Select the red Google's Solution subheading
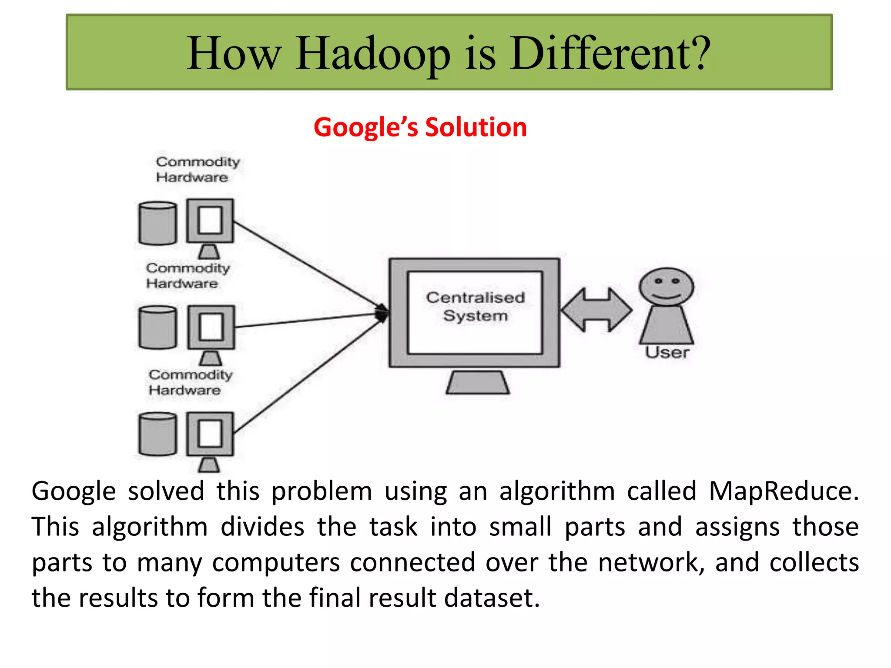pyautogui.click(x=420, y=127)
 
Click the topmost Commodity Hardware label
pyautogui.click(x=197, y=169)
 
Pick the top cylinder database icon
pyautogui.click(x=157, y=223)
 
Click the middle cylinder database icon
pyautogui.click(x=157, y=327)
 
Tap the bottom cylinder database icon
pyautogui.click(x=157, y=434)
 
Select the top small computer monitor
pyautogui.click(x=210, y=221)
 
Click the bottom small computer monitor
pyautogui.click(x=210, y=434)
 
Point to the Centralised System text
pyautogui.click(x=475, y=307)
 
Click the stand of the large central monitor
pyautogui.click(x=478, y=383)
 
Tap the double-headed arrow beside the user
pyautogui.click(x=596, y=310)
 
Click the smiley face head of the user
pyautogui.click(x=666, y=287)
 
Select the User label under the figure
pyautogui.click(x=667, y=352)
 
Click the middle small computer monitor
pyautogui.click(x=211, y=327)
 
